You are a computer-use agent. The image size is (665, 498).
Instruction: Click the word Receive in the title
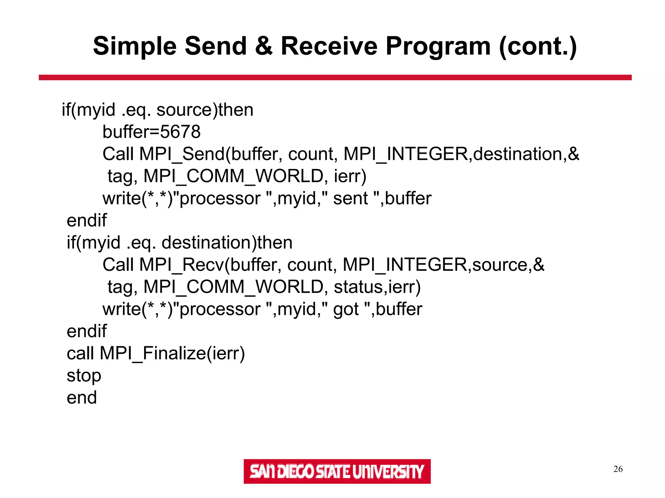coord(329,46)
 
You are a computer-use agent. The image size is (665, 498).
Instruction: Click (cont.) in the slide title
coord(538,46)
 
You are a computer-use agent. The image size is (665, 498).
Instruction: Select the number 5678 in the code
coord(180,132)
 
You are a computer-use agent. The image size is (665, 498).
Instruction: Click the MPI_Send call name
coord(182,154)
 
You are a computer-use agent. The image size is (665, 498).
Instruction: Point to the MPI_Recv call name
coord(182,265)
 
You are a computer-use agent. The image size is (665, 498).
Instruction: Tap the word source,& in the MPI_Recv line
coord(508,265)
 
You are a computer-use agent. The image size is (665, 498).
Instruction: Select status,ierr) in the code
coord(377,287)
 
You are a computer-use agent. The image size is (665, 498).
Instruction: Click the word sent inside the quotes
coord(350,198)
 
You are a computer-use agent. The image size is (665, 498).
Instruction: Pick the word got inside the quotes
coord(346,309)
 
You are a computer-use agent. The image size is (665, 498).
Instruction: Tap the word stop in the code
coord(84,376)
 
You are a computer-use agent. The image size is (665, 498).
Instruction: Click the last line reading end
coord(82,398)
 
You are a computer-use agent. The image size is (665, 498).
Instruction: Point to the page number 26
coord(618,469)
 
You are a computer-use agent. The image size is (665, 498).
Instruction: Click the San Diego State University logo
coord(337,471)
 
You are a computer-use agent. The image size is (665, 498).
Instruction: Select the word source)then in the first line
coord(205,110)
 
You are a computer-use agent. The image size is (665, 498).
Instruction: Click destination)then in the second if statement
coord(227,243)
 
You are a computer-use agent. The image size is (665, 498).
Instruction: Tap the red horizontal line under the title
coord(335,77)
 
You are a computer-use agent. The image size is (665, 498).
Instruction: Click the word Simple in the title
coord(135,46)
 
